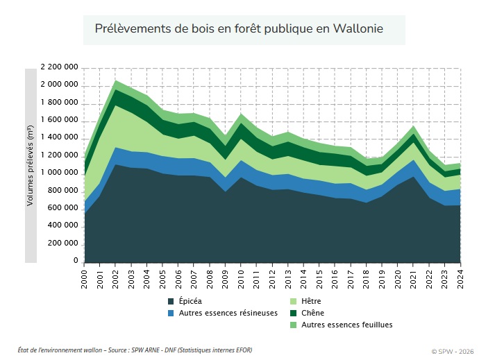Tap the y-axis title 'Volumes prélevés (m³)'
pyautogui.click(x=31, y=165)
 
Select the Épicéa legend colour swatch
pyautogui.click(x=171, y=301)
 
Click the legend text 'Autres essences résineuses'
pyautogui.click(x=228, y=313)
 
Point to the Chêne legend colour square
pyautogui.click(x=294, y=313)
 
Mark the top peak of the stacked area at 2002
pyautogui.click(x=116, y=80)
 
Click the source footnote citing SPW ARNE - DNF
pyautogui.click(x=135, y=350)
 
